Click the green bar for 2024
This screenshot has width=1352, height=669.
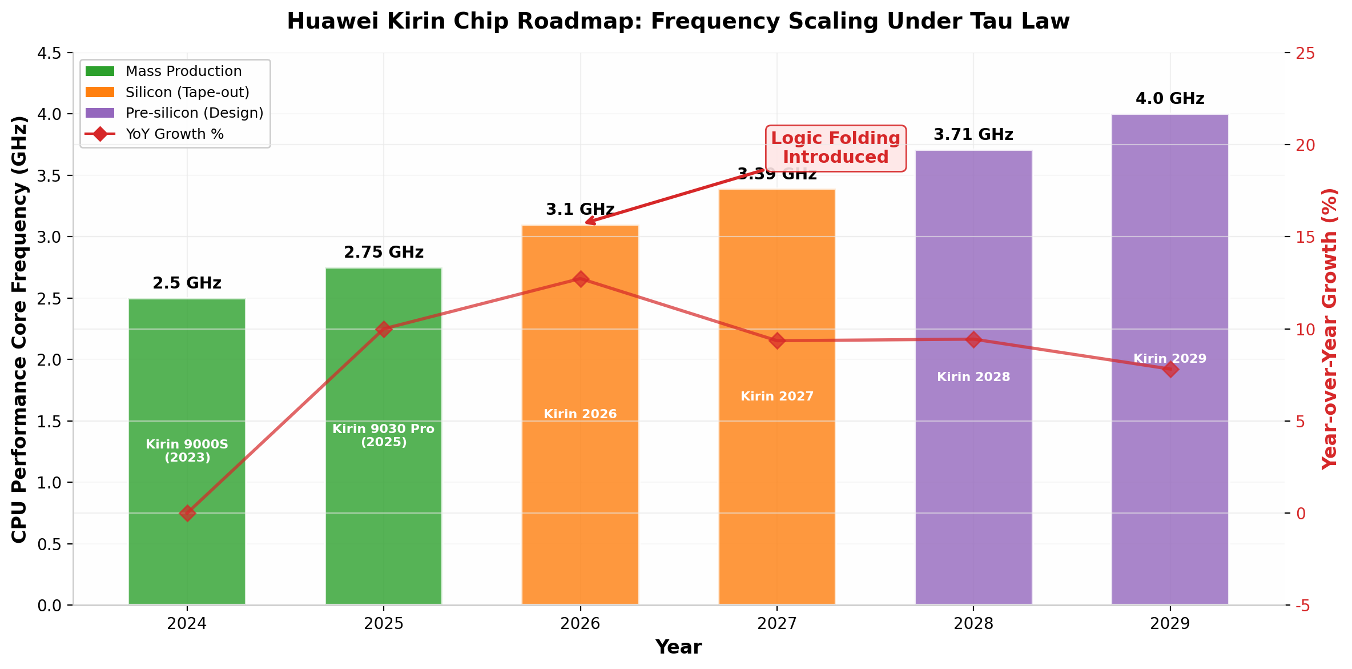click(x=187, y=451)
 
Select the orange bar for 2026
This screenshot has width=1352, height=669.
click(x=580, y=415)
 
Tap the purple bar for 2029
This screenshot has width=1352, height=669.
click(x=1170, y=359)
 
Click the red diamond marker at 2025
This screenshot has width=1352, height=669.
click(x=384, y=329)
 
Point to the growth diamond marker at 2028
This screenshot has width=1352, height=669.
click(x=973, y=339)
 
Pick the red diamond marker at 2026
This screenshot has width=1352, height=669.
click(x=580, y=279)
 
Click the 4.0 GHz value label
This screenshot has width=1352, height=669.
click(x=1170, y=99)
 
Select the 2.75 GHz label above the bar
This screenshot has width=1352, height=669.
click(x=384, y=252)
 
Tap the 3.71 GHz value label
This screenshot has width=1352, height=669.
click(x=973, y=135)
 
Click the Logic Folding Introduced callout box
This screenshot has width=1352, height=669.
click(x=835, y=148)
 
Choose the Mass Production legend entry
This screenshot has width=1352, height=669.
click(x=163, y=71)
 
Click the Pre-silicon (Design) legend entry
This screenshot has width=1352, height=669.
click(x=174, y=113)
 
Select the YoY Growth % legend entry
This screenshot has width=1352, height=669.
click(x=154, y=134)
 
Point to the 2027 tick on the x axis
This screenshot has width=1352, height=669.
click(x=776, y=623)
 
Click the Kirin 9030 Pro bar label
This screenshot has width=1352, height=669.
click(x=384, y=435)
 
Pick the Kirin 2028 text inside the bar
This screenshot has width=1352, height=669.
click(x=973, y=377)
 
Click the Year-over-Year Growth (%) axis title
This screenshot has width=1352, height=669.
click(x=1330, y=329)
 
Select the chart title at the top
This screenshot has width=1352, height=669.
click(x=678, y=21)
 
